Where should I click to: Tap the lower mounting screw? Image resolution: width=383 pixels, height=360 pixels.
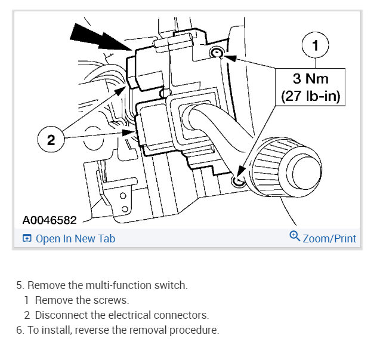(238, 180)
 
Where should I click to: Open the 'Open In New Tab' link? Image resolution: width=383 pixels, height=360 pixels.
(75, 239)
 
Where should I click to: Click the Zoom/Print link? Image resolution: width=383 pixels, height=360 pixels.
(329, 239)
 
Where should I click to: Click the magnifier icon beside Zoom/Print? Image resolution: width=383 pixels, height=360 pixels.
(294, 237)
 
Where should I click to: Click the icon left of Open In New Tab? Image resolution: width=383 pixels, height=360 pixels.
(26, 239)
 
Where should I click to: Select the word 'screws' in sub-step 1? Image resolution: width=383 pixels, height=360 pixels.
(113, 300)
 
